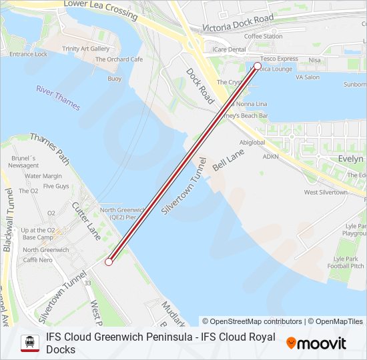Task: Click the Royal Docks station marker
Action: point(258,66)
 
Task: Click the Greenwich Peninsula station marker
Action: point(109,262)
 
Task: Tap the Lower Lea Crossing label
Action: point(100,9)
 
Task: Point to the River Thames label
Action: point(58,98)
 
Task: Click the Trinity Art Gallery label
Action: point(85,49)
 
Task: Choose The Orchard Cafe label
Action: point(119,59)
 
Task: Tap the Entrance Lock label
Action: point(29,54)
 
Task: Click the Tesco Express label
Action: point(279,59)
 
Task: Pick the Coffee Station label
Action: point(263,36)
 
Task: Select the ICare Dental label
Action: point(229,49)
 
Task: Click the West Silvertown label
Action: point(326,192)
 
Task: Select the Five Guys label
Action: point(56,186)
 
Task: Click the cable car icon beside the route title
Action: point(30,343)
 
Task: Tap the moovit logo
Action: point(316,343)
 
